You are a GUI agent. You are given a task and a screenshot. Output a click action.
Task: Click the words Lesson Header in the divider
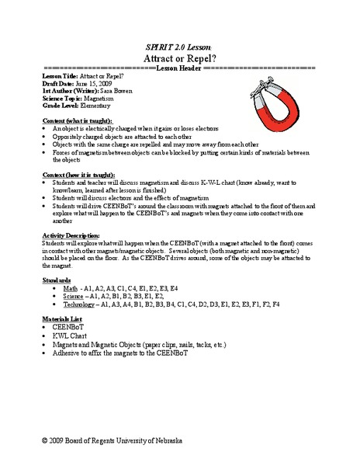click(x=179, y=68)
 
